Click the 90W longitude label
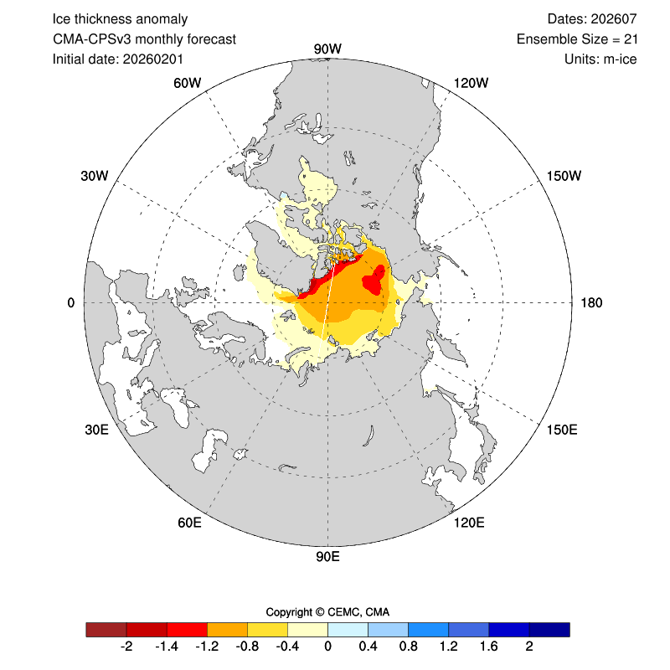327,49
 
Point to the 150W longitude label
563,176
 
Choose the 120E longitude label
468,523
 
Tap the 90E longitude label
327,557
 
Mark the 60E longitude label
190,523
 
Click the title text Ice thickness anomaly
120,18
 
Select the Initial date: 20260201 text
118,59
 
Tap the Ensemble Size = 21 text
577,39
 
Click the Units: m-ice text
600,59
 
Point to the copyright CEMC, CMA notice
327,611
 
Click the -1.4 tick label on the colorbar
167,647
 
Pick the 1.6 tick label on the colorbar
489,647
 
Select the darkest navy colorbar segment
549,630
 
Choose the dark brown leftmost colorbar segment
106,630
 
